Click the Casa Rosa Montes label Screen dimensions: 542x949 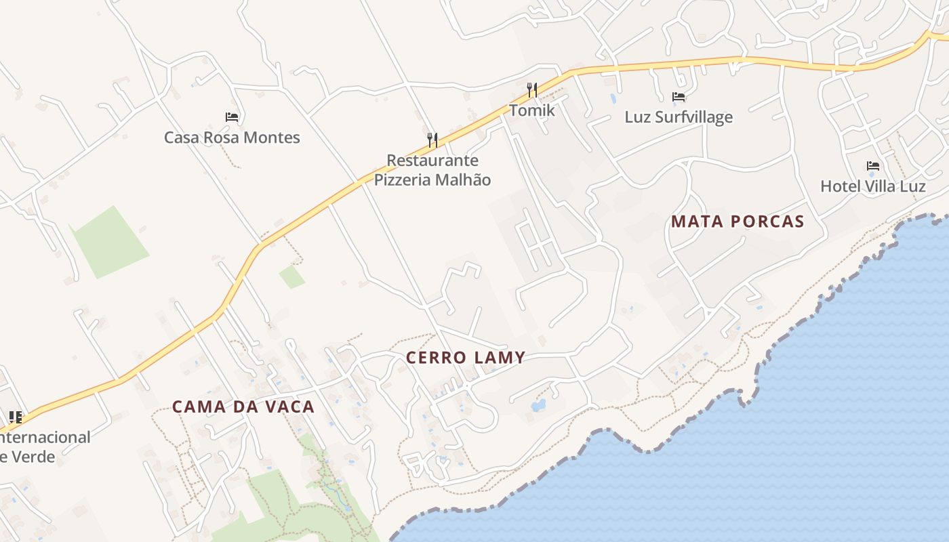[232, 138]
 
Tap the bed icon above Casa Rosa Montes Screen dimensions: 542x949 [232, 117]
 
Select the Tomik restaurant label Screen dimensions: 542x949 [532, 110]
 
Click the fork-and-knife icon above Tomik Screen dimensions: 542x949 [532, 89]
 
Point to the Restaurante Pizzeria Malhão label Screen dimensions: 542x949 [432, 170]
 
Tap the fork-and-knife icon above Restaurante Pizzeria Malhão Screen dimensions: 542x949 [432, 140]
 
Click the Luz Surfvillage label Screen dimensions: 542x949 [679, 117]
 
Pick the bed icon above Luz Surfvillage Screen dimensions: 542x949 [679, 97]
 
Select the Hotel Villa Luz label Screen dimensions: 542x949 [873, 186]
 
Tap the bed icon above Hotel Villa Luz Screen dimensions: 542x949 [873, 165]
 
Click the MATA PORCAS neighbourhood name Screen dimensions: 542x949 [738, 222]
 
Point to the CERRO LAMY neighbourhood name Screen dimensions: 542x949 [466, 358]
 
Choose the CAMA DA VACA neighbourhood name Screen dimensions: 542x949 [243, 407]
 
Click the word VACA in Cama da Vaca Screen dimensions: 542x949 [289, 407]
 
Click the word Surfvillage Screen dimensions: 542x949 [693, 117]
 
